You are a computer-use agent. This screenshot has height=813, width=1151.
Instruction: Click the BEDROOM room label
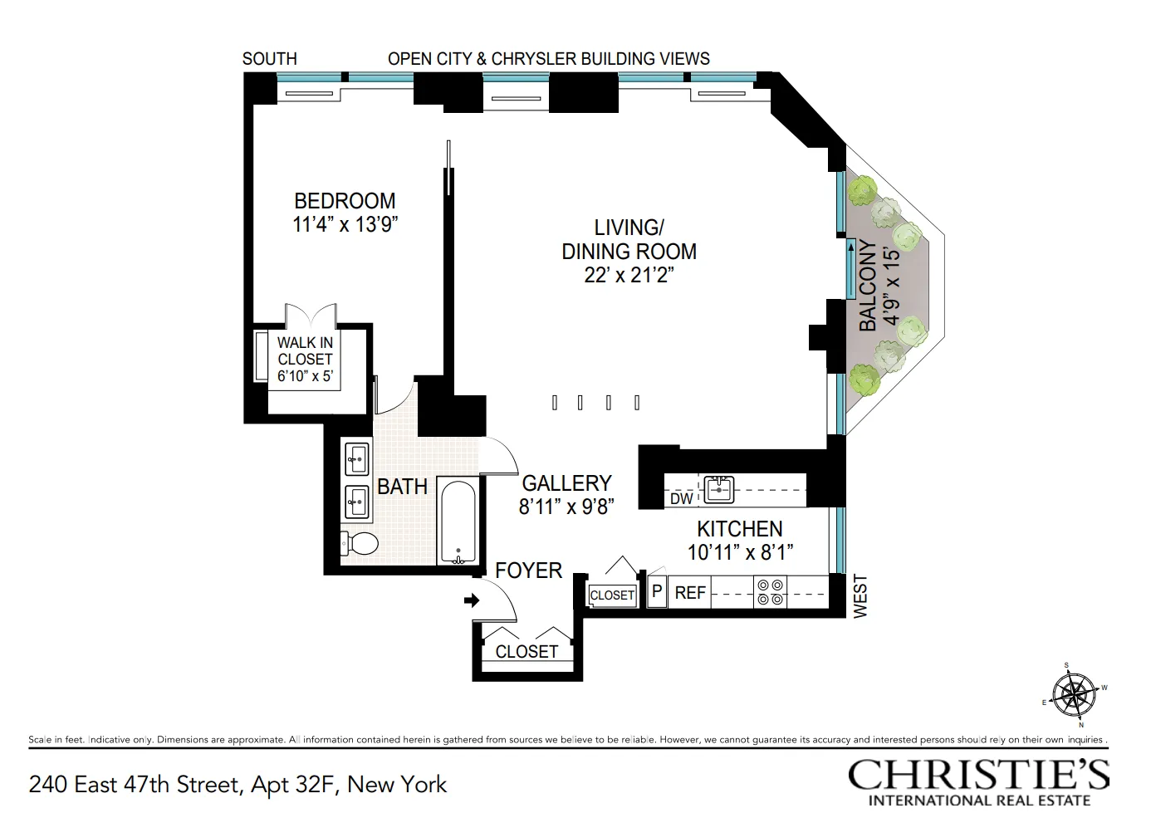coord(345,201)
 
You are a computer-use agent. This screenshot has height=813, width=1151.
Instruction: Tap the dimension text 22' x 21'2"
coord(629,276)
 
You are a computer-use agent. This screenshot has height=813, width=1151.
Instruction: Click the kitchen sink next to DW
coord(718,489)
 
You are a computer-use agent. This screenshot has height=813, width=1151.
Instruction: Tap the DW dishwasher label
coord(681,498)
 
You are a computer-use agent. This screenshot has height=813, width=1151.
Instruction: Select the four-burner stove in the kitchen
coord(770,592)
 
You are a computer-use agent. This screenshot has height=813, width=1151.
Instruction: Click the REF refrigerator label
coord(690,593)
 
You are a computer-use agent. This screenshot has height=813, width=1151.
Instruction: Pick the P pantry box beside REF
coord(657,592)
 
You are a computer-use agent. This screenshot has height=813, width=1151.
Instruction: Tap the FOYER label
coord(528,571)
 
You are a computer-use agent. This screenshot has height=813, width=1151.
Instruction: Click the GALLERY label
coord(566,483)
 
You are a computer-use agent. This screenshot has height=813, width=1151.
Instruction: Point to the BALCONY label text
coord(868,285)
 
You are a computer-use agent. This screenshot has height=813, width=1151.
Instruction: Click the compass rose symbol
coord(1075,694)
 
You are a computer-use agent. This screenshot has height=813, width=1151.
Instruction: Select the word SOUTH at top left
coord(269,59)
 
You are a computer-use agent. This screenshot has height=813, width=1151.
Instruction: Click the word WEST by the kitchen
coord(860,596)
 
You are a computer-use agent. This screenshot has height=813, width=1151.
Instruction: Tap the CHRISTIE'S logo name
coord(978,774)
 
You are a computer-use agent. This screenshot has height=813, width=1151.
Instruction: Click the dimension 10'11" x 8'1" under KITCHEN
coord(740,552)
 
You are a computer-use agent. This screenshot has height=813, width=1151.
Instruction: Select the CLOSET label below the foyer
coord(527,652)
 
